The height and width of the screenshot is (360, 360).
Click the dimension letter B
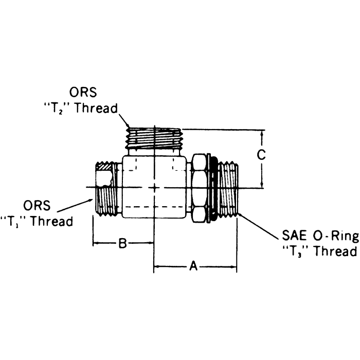122,243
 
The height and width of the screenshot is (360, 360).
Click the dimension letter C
261,155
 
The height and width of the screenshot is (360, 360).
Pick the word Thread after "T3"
335,251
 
